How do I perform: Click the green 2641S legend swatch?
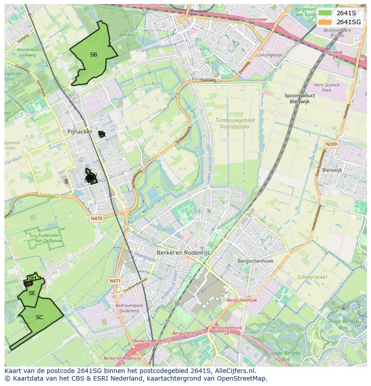(325, 13)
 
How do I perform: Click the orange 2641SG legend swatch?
(325, 22)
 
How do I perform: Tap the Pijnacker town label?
(79, 132)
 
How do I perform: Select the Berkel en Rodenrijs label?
(183, 253)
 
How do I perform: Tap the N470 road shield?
(96, 218)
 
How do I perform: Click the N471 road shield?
(115, 281)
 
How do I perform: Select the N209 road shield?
(331, 144)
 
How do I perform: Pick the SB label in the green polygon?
(93, 55)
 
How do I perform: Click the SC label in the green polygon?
(39, 317)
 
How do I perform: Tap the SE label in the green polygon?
(32, 293)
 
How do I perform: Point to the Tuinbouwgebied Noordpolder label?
(234, 124)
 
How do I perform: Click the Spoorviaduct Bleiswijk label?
(299, 99)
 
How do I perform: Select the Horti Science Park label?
(326, 87)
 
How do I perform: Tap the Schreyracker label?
(312, 277)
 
